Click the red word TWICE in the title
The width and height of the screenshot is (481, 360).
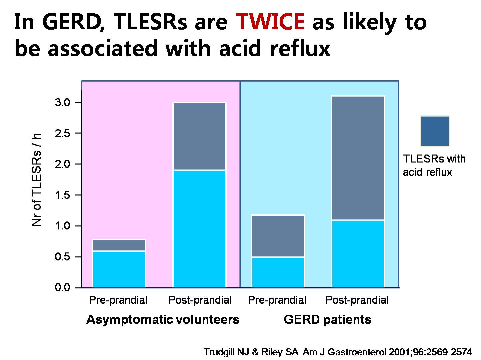pos(270,21)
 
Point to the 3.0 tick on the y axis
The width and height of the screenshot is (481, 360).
pos(78,103)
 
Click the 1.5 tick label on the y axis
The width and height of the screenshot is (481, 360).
pos(62,195)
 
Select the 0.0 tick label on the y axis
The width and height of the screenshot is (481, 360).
pos(62,287)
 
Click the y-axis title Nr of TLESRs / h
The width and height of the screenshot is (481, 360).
pos(36,180)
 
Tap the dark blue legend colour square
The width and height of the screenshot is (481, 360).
pos(435,131)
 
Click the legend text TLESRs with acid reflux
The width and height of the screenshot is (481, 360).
pos(434,166)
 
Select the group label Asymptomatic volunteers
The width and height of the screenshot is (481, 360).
pos(163,320)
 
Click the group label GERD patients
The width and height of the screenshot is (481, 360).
pos(327,319)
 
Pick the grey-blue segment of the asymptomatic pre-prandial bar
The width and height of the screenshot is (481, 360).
pos(119,245)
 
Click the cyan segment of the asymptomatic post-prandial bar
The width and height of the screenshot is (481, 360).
pos(199,229)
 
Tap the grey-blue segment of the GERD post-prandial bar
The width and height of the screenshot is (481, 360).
pos(358,158)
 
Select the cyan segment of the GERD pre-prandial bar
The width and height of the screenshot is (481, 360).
pos(278,272)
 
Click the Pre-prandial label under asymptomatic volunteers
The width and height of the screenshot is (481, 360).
pos(118,300)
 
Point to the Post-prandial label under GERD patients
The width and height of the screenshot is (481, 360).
pos(357,300)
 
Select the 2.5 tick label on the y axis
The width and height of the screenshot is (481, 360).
pos(62,133)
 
